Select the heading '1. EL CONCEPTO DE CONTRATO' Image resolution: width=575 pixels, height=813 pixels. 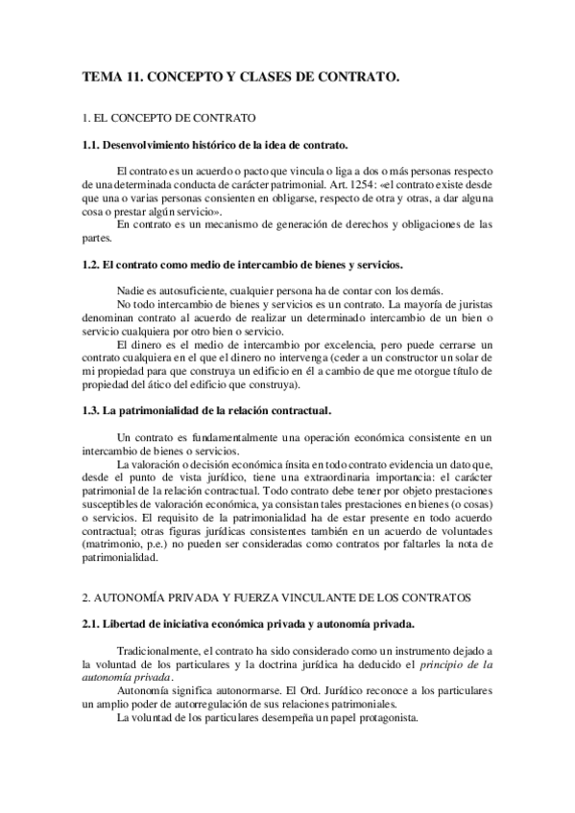(170, 119)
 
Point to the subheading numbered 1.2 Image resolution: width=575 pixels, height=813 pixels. (244, 264)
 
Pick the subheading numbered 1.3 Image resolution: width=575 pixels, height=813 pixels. (207, 411)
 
